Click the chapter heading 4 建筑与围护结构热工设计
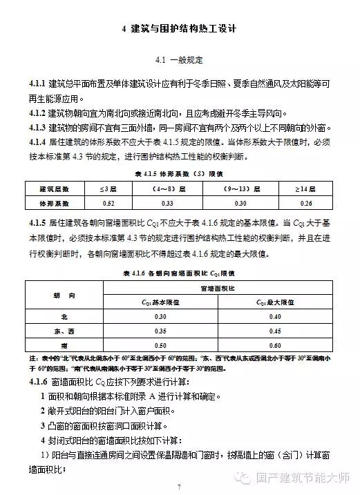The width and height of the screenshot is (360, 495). [x=180, y=30]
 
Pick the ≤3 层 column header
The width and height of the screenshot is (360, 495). [x=108, y=188]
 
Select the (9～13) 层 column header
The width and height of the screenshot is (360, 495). [x=240, y=188]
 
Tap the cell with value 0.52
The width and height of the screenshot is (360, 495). [x=108, y=203]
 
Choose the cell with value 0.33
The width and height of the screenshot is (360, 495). [x=168, y=203]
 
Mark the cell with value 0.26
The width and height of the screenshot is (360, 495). [x=306, y=203]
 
